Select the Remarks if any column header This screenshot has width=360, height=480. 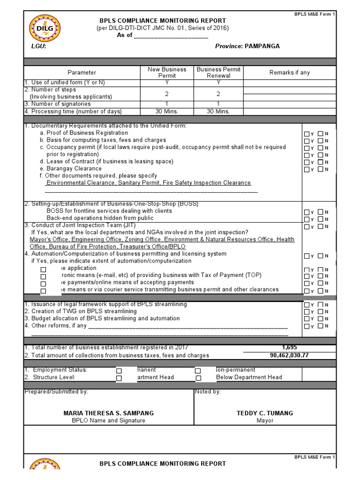point(289,73)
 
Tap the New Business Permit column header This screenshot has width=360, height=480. point(167,72)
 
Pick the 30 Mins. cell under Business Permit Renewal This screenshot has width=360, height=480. point(218,112)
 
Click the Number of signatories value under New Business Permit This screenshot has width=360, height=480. point(167,104)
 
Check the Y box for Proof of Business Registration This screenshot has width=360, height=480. point(307,134)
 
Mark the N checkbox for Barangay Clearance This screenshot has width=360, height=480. point(321,169)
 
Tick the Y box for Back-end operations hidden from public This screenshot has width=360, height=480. point(307,219)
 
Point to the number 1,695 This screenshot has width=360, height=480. point(290,347)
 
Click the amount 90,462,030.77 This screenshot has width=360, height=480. point(289,355)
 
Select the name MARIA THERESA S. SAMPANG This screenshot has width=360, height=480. point(108,413)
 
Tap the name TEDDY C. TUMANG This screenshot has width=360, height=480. point(265,413)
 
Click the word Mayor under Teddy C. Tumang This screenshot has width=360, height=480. point(265,420)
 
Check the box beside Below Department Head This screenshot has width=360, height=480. point(198,378)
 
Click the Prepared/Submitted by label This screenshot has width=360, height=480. point(56,392)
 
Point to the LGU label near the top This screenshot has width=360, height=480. point(38,46)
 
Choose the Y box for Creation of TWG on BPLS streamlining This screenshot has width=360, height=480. point(307,312)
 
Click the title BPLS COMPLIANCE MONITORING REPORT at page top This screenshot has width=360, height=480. point(163,21)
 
